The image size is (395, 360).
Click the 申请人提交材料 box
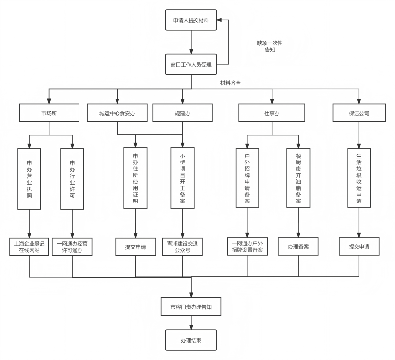191,20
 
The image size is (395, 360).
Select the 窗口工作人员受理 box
191,64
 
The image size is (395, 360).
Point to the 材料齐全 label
231,83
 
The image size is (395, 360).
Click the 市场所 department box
49,113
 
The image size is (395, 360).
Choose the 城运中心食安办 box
117,113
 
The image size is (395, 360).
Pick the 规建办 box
182,113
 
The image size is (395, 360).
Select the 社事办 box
272,113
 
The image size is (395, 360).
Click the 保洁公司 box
359,113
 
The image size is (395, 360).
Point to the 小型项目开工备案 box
182,178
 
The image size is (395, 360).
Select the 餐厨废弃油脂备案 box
298,178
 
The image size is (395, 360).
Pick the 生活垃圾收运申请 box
359,178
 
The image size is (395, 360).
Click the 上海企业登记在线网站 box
29,247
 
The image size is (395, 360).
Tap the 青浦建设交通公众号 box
182,247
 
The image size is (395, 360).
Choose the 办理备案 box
298,246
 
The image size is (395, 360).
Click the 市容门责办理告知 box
191,307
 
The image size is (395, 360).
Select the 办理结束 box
191,340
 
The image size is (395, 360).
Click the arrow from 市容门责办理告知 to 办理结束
191,323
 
